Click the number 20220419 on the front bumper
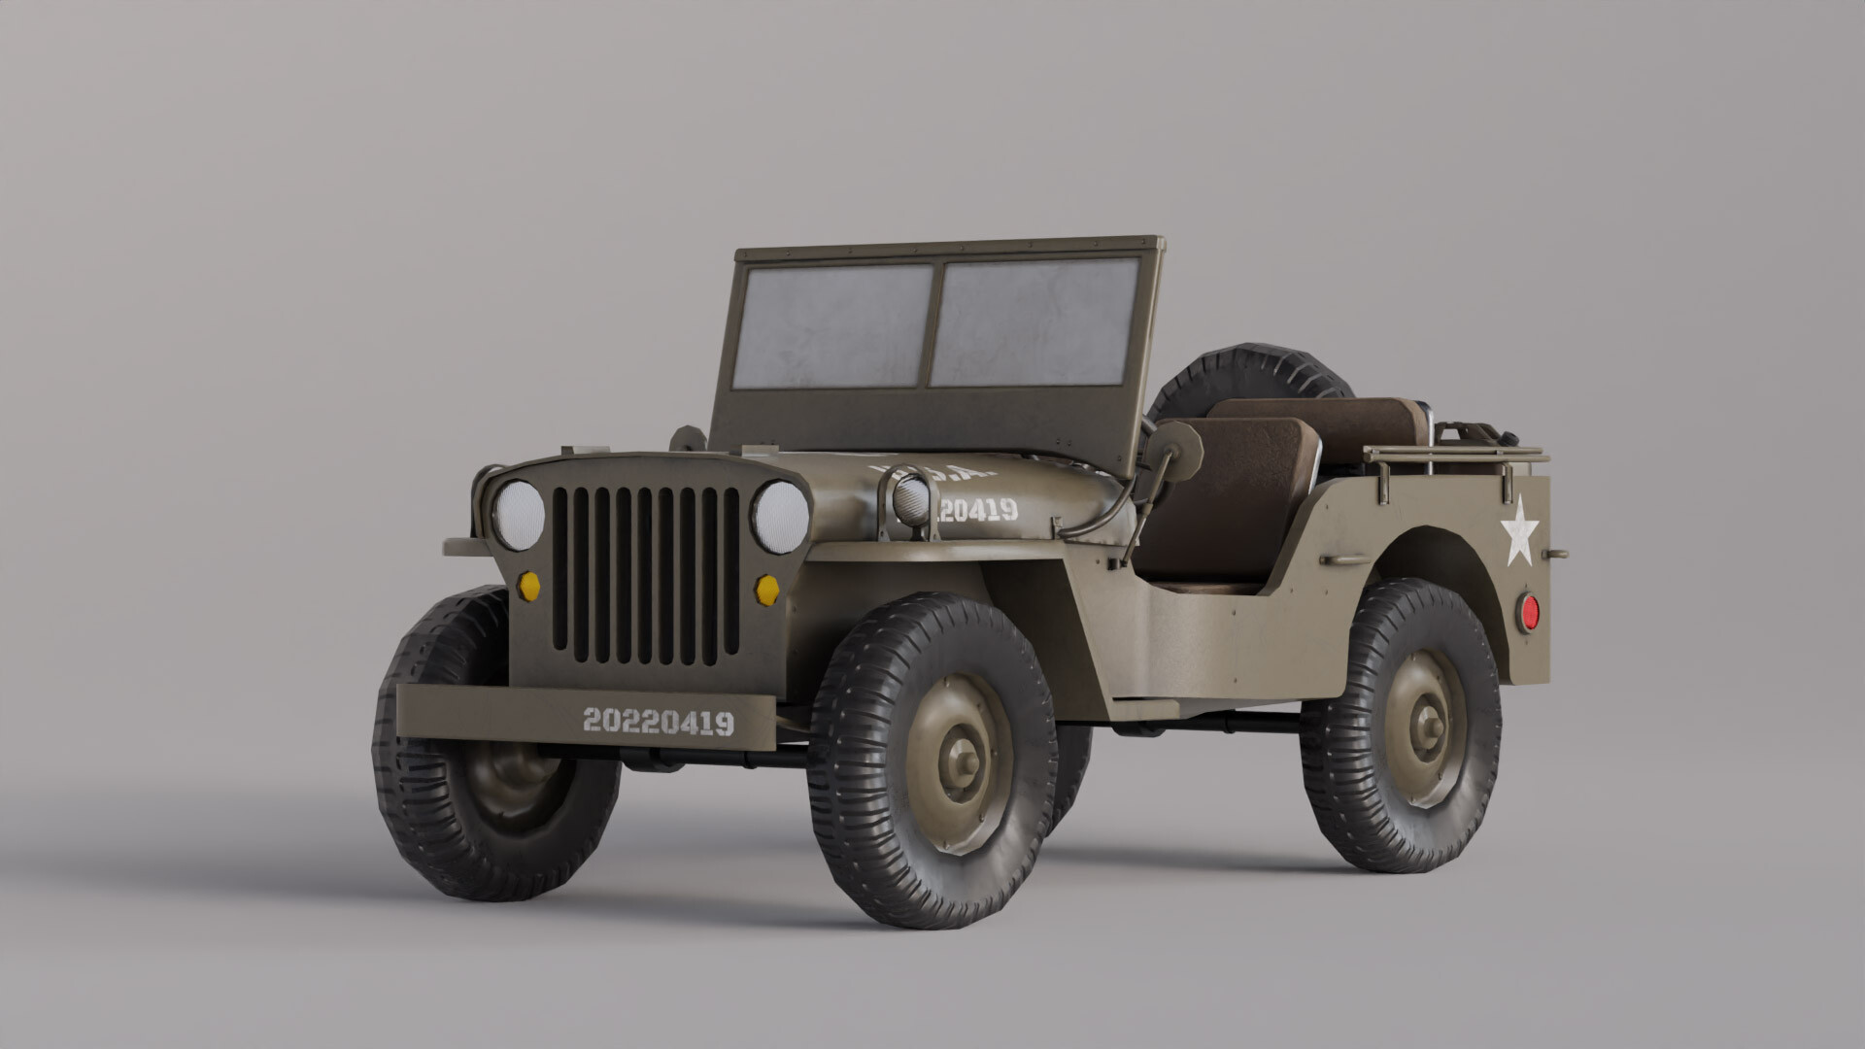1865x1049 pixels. pyautogui.click(x=658, y=722)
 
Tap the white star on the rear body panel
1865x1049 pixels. pyautogui.click(x=1519, y=531)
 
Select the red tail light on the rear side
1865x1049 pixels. pyautogui.click(x=1529, y=611)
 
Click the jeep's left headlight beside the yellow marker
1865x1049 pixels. pyautogui.click(x=520, y=515)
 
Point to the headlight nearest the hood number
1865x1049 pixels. pyautogui.click(x=780, y=517)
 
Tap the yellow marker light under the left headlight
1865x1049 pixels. pyautogui.click(x=529, y=586)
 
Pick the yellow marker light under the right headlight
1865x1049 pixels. pyautogui.click(x=767, y=590)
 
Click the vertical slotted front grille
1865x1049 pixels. pyautogui.click(x=646, y=575)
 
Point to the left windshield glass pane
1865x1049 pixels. pyautogui.click(x=831, y=325)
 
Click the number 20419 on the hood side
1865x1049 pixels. pyautogui.click(x=978, y=510)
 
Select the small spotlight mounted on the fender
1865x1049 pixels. pyautogui.click(x=911, y=500)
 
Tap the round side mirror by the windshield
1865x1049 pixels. pyautogui.click(x=1177, y=451)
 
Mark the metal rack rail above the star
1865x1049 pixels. pyautogui.click(x=1454, y=455)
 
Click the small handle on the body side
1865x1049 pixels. pyautogui.click(x=1344, y=560)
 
